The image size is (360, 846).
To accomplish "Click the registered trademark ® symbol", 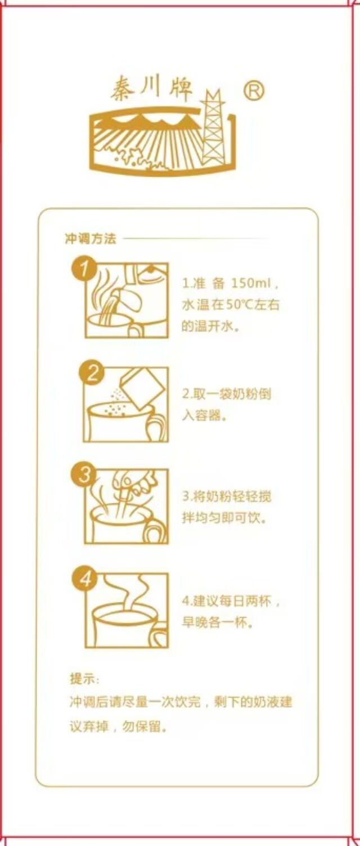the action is (x=254, y=91).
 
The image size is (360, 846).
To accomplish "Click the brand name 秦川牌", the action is (x=152, y=89).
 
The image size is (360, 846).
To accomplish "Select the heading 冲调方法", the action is (x=91, y=238).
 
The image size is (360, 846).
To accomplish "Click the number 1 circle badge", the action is (x=85, y=269).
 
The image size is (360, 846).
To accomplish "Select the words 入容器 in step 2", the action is (x=201, y=416).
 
